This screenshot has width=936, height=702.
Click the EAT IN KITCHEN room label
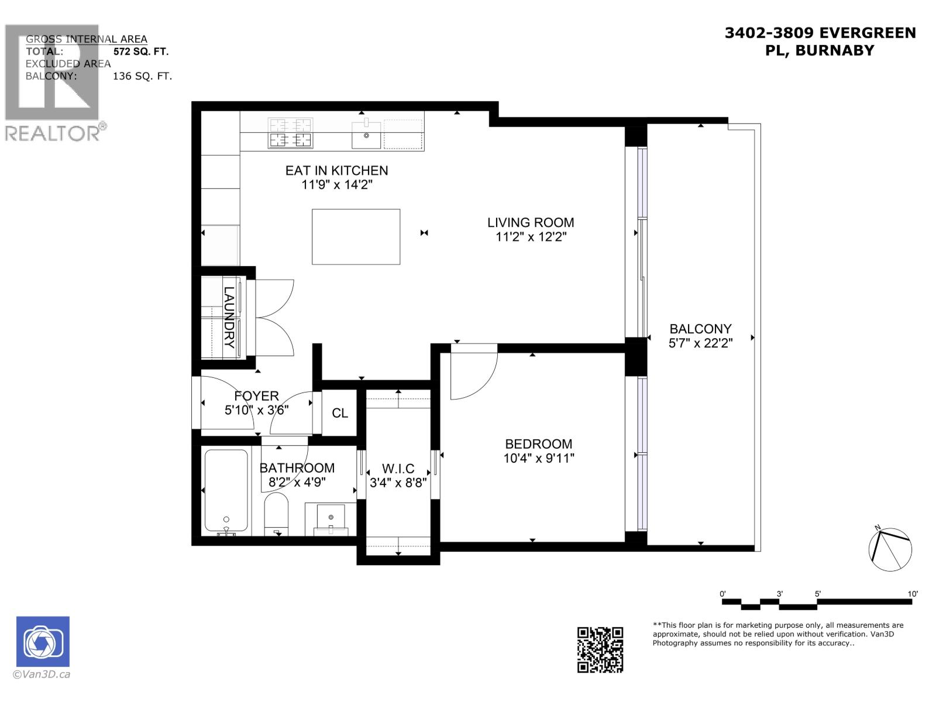click(336, 170)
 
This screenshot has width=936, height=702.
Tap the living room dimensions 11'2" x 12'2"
click(531, 237)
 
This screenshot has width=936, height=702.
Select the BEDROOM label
click(538, 444)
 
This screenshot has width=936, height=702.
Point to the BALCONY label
click(700, 329)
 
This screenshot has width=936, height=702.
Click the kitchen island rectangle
click(356, 236)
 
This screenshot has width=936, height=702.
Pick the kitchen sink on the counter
click(367, 135)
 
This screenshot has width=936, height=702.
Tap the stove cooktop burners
click(290, 133)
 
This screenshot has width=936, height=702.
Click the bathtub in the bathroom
click(226, 490)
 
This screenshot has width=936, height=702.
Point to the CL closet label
click(340, 413)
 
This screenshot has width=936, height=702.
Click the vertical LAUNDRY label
click(229, 317)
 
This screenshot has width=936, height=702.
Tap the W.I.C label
click(398, 469)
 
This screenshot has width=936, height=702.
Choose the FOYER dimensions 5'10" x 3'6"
click(256, 410)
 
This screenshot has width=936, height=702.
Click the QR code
click(600, 649)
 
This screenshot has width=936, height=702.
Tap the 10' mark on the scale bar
click(913, 594)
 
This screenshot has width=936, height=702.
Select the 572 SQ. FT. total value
click(141, 51)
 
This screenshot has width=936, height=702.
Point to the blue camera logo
click(43, 641)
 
